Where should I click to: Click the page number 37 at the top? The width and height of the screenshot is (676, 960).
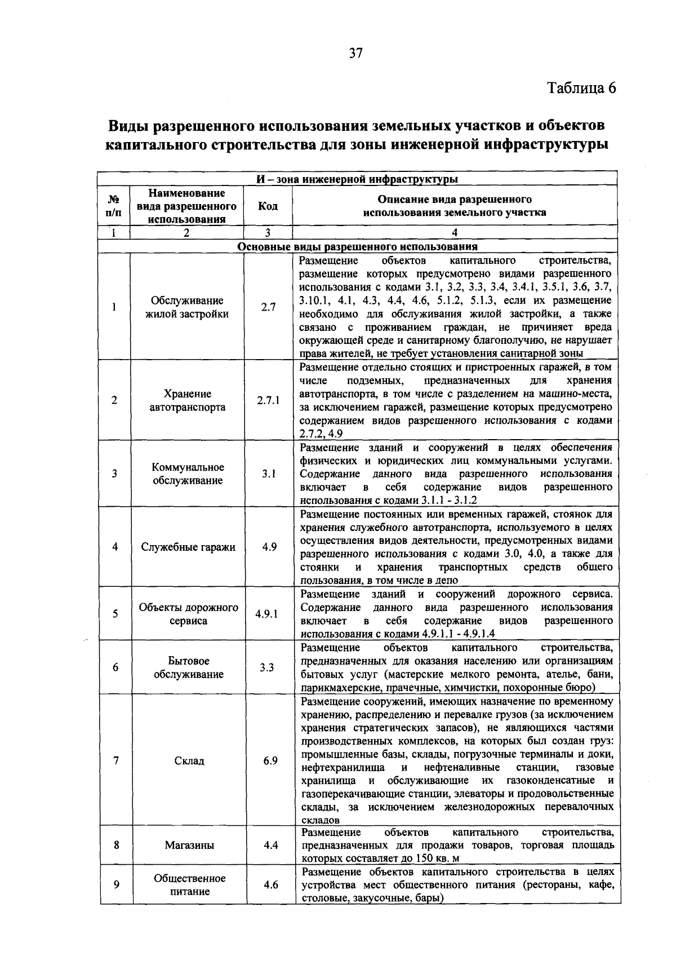[x=356, y=54]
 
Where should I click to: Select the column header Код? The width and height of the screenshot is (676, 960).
[x=268, y=206]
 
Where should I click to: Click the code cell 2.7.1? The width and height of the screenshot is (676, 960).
[x=268, y=401]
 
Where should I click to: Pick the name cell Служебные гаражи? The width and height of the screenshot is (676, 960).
[x=188, y=547]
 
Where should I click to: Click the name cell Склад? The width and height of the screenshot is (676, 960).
[x=189, y=761]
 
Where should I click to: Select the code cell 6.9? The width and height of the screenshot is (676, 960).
[x=270, y=761]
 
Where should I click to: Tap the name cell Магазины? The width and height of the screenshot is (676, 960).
[x=189, y=846]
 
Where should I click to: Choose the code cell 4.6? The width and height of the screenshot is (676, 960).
[x=270, y=885]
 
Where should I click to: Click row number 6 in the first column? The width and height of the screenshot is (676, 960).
[x=115, y=667]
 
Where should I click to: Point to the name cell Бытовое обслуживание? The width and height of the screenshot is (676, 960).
[x=188, y=667]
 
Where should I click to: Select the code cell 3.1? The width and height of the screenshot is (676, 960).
[x=268, y=474]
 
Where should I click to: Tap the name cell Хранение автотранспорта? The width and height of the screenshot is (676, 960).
[x=188, y=401]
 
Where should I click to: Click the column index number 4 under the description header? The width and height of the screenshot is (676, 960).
[x=454, y=233]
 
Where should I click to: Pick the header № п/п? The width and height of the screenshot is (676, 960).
[x=114, y=206]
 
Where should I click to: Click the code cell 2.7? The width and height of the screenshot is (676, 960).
[x=268, y=308]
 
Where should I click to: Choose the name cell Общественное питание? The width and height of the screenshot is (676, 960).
[x=189, y=885]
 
